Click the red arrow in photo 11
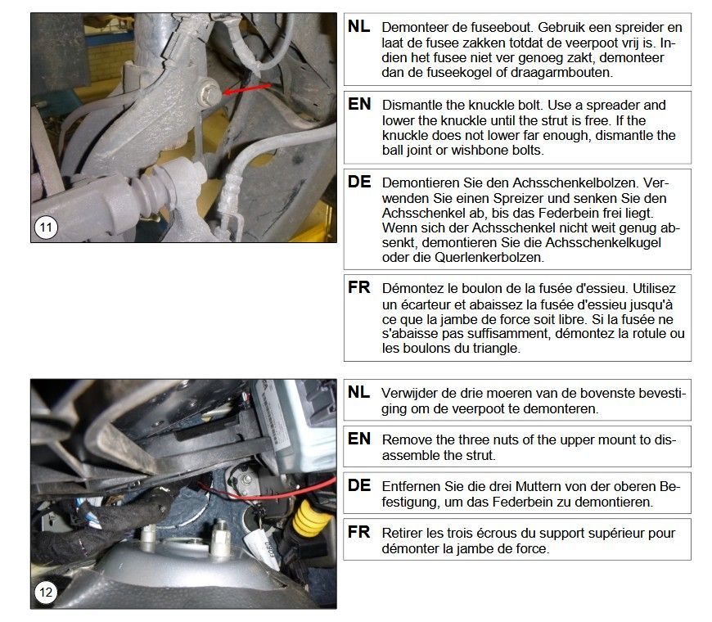click(x=247, y=89)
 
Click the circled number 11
click(x=46, y=227)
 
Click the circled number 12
click(x=46, y=592)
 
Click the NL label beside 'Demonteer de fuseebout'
click(x=358, y=27)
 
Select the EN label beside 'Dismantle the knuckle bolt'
click(x=359, y=105)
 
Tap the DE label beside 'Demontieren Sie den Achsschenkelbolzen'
click(x=359, y=182)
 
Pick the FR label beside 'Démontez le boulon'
click(x=358, y=287)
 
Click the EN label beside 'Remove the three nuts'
click(x=359, y=439)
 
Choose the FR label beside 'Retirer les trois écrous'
click(x=358, y=532)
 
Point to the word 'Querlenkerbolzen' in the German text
click(x=489, y=258)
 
